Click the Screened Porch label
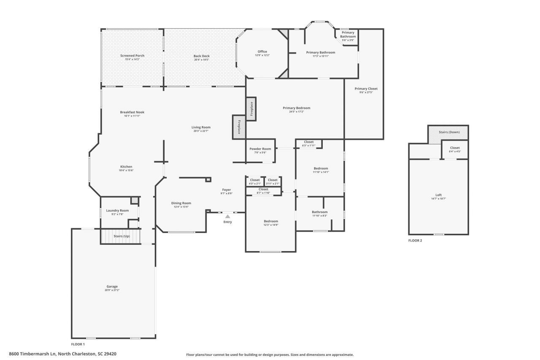pos(132,56)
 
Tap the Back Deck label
pos(201,56)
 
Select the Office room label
pos(262,52)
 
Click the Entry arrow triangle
pos(227,217)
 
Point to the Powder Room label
pos(260,149)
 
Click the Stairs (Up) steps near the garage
pos(121,236)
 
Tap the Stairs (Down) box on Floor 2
pos(449,133)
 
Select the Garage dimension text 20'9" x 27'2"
pos(112,290)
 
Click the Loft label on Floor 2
pos(438,195)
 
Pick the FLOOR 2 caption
pos(415,241)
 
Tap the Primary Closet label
pos(366,89)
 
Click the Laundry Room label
pos(117,211)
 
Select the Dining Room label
pos(181,203)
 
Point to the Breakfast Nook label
pos(132,112)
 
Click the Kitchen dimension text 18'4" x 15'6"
pos(126,171)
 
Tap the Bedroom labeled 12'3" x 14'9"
pos(271,222)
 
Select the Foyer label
pos(227,190)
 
